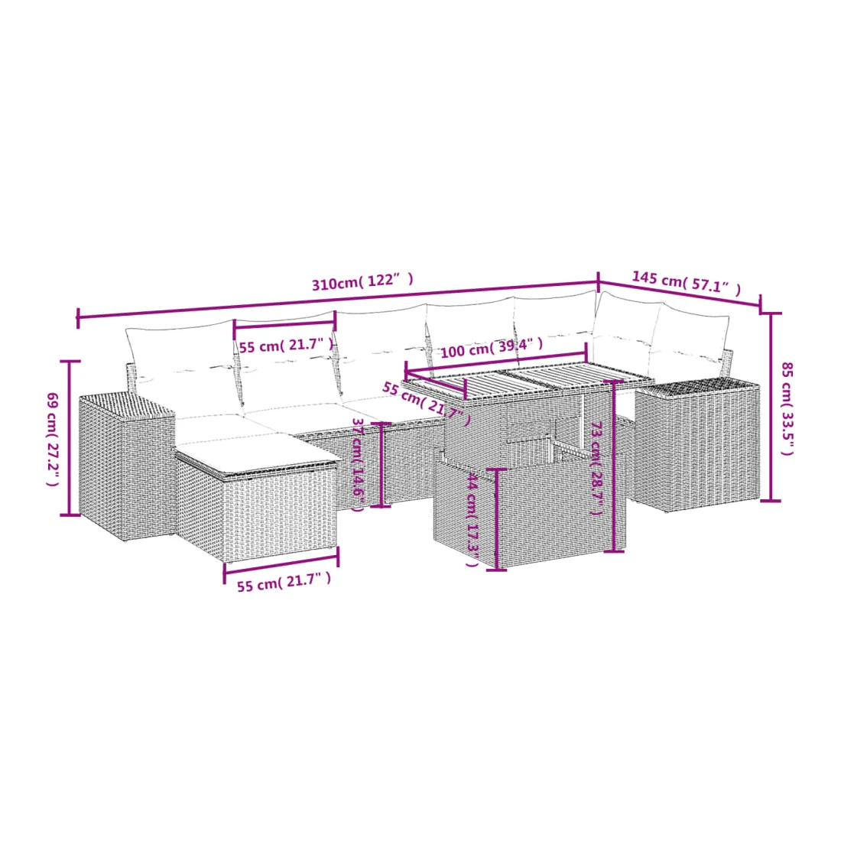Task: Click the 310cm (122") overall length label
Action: [362, 281]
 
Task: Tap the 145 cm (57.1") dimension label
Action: [686, 283]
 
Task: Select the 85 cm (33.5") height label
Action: [786, 409]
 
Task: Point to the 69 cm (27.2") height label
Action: [53, 440]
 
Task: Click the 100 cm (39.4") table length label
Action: [492, 348]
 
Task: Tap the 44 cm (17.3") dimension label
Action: [472, 520]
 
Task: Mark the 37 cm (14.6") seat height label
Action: [358, 465]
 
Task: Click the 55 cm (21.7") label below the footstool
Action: [284, 581]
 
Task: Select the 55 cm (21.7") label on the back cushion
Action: [286, 345]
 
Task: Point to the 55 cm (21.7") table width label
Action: [427, 403]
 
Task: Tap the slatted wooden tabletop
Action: [528, 380]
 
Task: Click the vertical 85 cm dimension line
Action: [771, 407]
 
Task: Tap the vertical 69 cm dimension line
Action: [69, 437]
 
